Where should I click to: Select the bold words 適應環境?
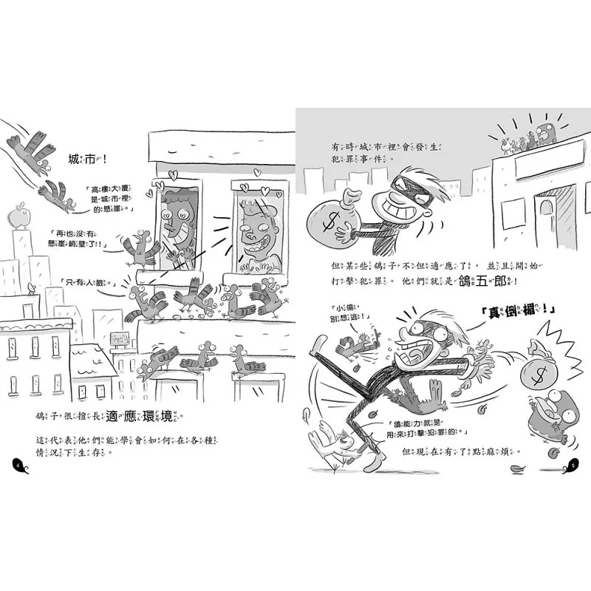pos(154,417)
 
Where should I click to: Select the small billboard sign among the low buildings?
pos(119,339)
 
